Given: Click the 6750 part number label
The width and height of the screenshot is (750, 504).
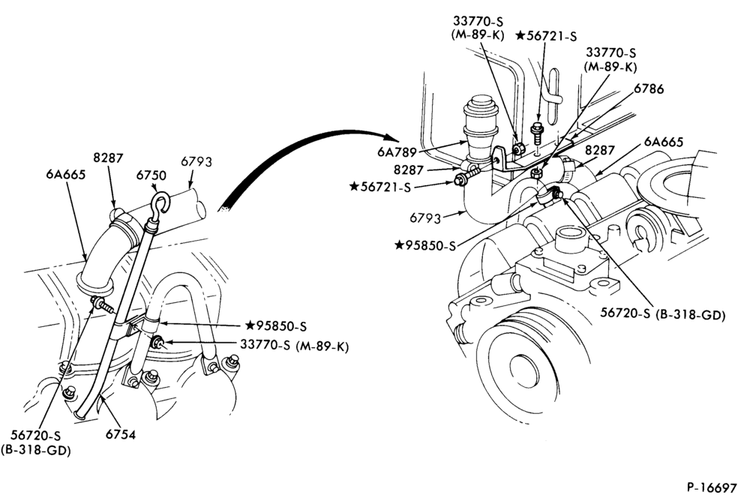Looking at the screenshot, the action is coord(151,176).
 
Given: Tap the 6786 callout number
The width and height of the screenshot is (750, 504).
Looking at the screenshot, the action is coord(649,88).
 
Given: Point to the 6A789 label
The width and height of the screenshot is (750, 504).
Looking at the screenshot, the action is coord(396,151).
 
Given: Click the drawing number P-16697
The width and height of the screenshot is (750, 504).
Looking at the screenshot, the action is coord(712,487).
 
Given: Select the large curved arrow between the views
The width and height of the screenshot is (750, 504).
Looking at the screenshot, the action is coord(306,148).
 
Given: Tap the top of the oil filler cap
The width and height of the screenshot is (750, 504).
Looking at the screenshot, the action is coord(480,101).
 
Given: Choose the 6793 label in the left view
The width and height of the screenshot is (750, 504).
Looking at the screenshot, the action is coord(196,161).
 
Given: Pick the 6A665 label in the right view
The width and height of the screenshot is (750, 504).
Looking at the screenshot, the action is coord(664,142).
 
